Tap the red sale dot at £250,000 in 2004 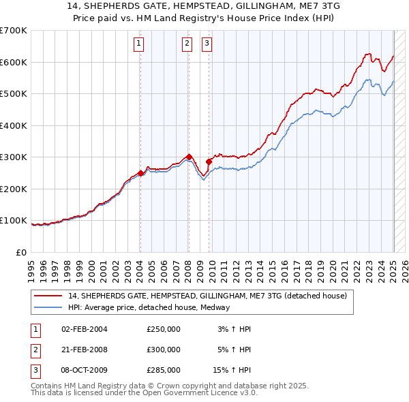(x=140, y=173)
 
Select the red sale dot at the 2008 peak (x=189, y=157)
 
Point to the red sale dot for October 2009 (x=209, y=161)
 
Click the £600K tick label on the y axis (x=14, y=62)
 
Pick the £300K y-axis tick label (x=14, y=157)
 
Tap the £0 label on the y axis (x=20, y=252)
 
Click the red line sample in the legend (x=48, y=296)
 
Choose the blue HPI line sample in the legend (x=48, y=307)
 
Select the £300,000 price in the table (x=164, y=350)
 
